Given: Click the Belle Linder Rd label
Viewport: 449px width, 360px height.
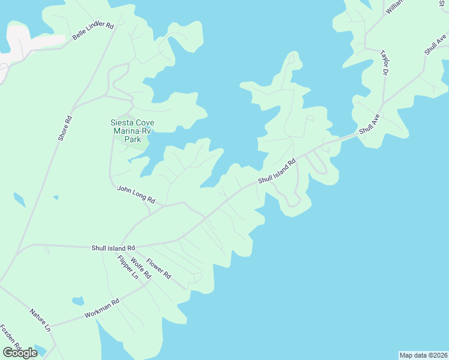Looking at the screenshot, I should pyautogui.click(x=93, y=31).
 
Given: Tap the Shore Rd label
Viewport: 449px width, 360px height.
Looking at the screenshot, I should pyautogui.click(x=65, y=127).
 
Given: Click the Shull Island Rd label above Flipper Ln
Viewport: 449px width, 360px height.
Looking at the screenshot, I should pyautogui.click(x=113, y=247).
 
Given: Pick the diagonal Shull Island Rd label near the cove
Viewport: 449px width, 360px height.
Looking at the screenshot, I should pyautogui.click(x=277, y=172).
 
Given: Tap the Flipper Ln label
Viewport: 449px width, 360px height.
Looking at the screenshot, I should pyautogui.click(x=127, y=268).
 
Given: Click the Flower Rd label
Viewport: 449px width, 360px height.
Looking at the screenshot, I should pyautogui.click(x=159, y=269).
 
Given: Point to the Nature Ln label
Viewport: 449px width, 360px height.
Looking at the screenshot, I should pyautogui.click(x=40, y=320).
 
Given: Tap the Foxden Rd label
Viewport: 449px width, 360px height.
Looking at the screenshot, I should pyautogui.click(x=11, y=338).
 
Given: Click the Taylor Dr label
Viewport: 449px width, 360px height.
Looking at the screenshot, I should pyautogui.click(x=384, y=63).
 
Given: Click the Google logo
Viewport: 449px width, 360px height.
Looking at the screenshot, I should pyautogui.click(x=20, y=353).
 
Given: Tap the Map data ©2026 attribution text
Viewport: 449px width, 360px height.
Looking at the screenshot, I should pyautogui.click(x=423, y=355).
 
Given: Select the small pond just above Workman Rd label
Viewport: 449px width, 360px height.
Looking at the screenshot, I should pyautogui.click(x=77, y=301).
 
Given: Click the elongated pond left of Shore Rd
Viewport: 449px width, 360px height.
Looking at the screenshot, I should pyautogui.click(x=19, y=199).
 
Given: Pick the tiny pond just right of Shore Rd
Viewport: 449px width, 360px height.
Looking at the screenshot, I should pyautogui.click(x=56, y=197).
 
